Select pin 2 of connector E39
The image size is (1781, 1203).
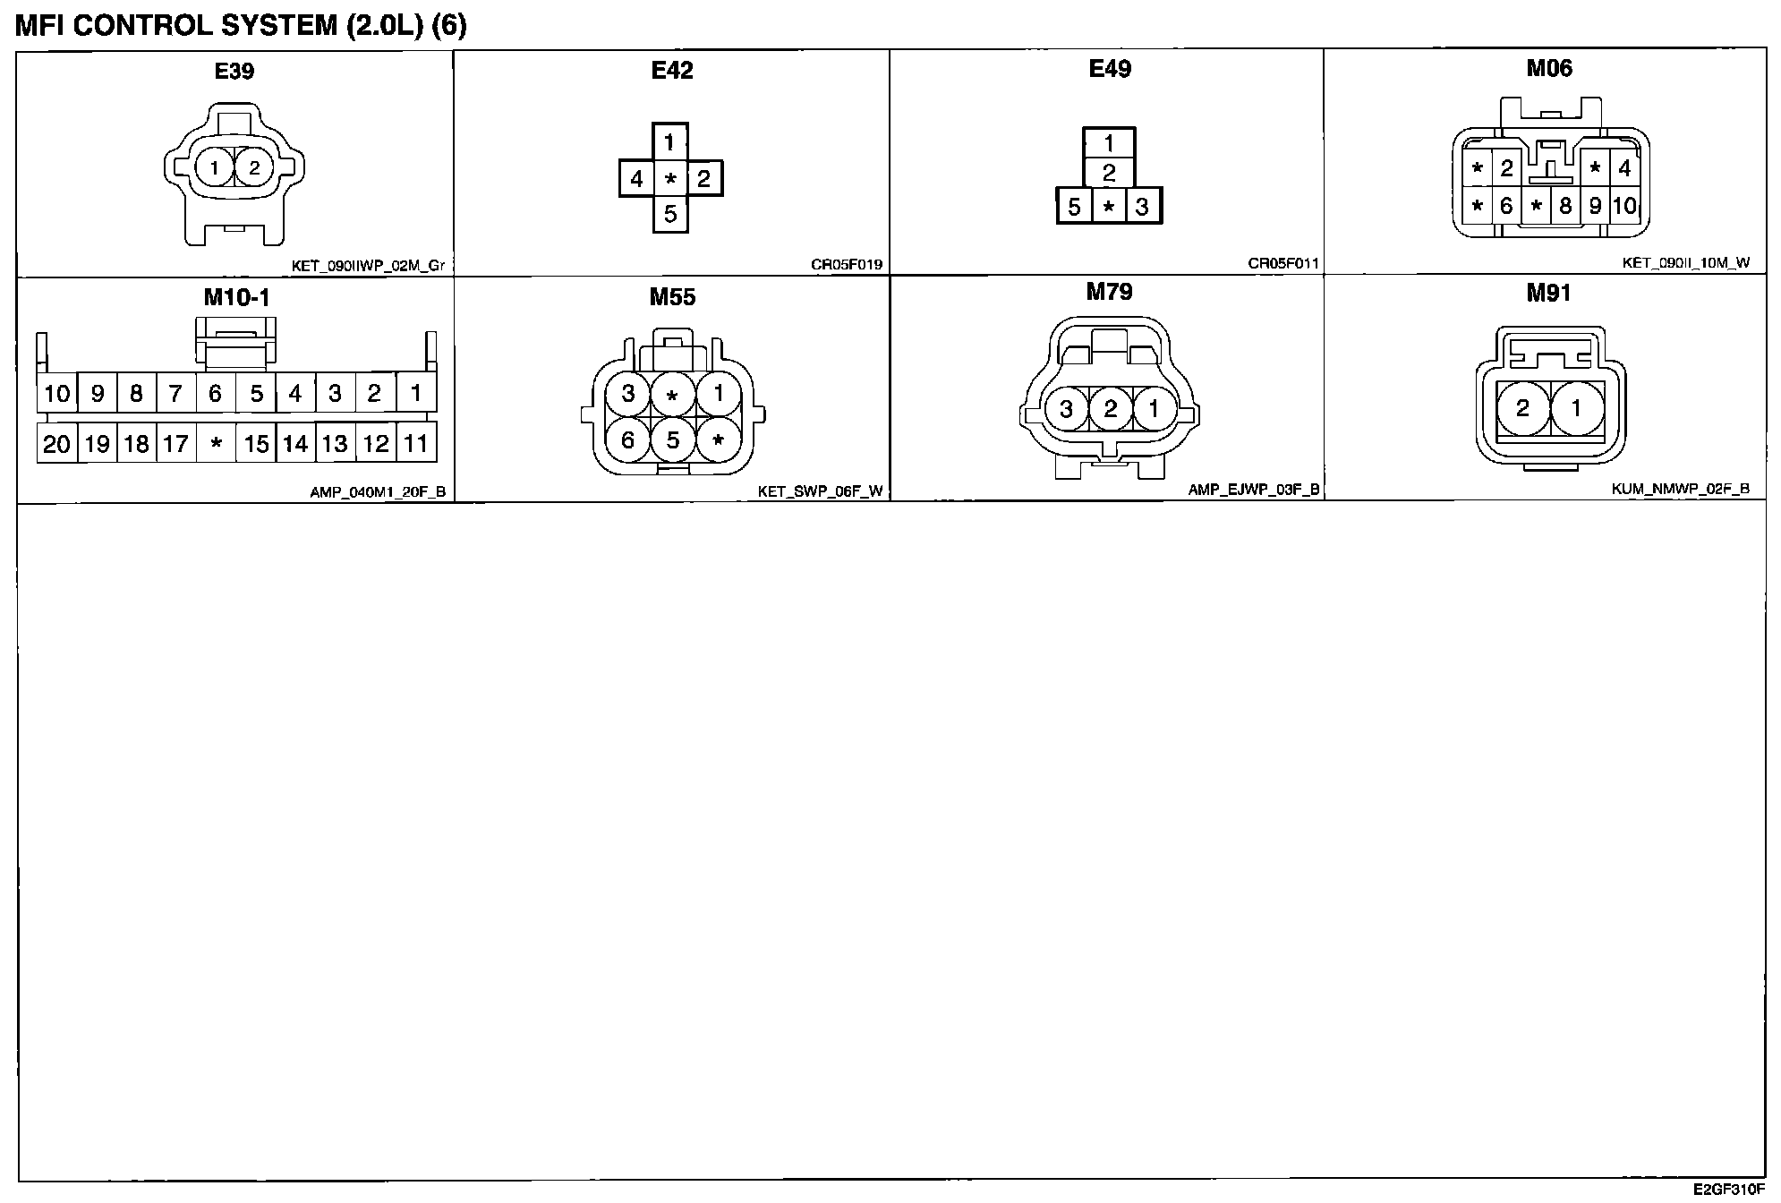pos(254,167)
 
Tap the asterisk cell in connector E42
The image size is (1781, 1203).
pos(670,179)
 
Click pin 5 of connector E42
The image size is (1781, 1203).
pos(670,215)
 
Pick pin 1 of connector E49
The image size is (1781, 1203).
pos(1109,143)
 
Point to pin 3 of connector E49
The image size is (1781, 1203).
pos(1142,208)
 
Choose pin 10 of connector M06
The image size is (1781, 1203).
pos(1624,206)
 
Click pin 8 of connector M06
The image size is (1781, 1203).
pos(1565,206)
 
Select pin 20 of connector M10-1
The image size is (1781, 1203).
pos(56,444)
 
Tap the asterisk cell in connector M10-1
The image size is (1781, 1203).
pos(216,444)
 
